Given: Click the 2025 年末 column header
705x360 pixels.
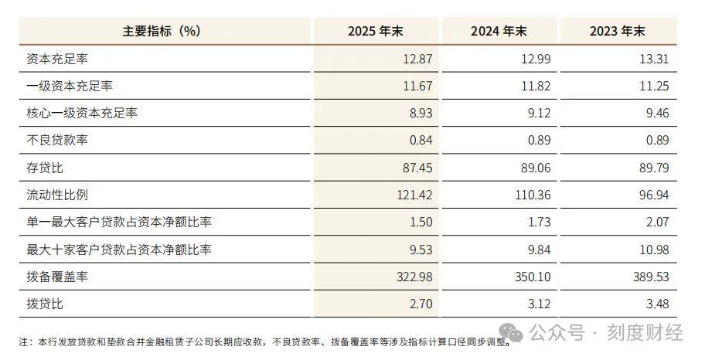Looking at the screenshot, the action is pos(376,31).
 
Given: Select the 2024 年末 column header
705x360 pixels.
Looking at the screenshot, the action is pos(499,31).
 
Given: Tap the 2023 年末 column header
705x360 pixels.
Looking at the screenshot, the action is pos(618,31).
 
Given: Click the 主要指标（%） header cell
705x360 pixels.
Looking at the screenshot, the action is pos(162,31).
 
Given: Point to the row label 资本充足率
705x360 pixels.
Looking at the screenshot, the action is pos(56,59).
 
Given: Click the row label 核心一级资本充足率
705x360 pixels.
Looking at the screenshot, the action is pos(81,113).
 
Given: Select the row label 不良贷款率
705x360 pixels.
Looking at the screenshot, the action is pos(56,141).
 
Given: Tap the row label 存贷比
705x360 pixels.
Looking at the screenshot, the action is pos(45,168).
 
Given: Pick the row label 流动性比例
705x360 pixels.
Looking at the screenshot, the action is pos(56,195).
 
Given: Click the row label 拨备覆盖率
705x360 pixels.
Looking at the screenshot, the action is pos(56,277).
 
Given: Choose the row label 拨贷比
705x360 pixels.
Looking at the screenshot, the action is pos(45,304).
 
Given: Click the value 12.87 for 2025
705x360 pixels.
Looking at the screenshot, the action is pos(417,59).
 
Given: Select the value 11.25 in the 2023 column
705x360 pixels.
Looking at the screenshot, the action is pos(654,86).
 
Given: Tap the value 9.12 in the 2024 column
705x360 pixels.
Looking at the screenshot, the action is pos(539,113).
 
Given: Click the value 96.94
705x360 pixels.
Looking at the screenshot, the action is pos(654,195).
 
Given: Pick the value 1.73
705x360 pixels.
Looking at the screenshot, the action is pos(539,222).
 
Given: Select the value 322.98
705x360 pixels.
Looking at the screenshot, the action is pos(414,277).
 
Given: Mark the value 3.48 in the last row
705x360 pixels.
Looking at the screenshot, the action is pos(658,304).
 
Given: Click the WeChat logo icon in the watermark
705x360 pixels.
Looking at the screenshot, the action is pos(512,333).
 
